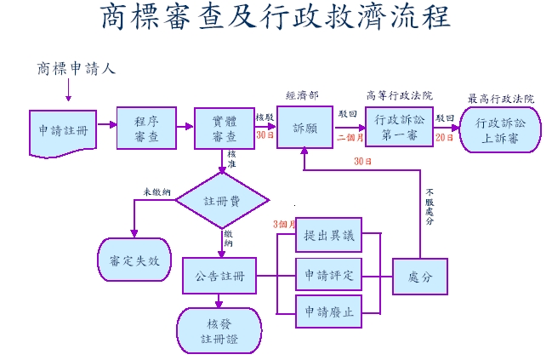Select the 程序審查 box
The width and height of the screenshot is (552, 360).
[x=145, y=128]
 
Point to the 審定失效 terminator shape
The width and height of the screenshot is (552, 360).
[x=133, y=260]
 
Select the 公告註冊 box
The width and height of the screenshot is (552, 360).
[x=219, y=276]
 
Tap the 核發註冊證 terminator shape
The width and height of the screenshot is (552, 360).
[x=219, y=332]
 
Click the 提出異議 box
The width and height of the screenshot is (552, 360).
[x=328, y=236]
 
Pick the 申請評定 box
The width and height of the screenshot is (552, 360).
[x=328, y=276]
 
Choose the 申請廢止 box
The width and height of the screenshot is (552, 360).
[x=328, y=312]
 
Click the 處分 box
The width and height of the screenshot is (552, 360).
[x=419, y=277]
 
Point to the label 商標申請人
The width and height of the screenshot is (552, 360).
[x=76, y=68]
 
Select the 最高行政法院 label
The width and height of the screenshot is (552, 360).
[x=501, y=99]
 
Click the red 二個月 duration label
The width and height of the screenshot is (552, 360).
[x=350, y=136]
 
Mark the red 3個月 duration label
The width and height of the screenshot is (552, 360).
[x=283, y=224]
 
